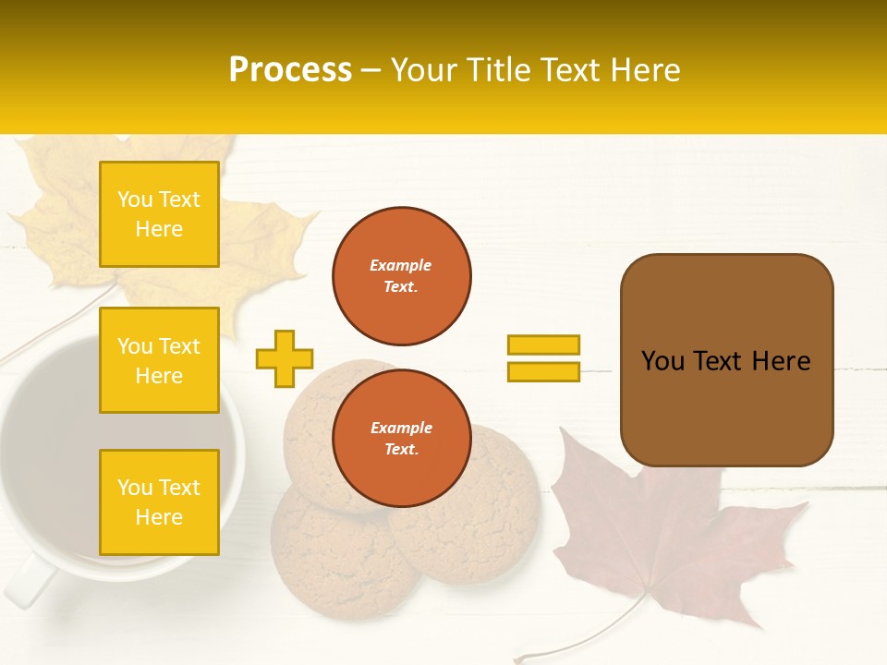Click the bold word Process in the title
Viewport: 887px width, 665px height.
pos(290,70)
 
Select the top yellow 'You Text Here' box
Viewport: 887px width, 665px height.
pos(159,214)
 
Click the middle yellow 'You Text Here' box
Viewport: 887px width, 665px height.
pos(159,360)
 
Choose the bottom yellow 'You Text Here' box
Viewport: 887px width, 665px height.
pos(159,502)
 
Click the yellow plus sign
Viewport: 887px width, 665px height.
pos(285,358)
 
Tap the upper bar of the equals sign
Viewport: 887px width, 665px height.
pos(543,345)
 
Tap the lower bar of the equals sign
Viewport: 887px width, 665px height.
pos(543,371)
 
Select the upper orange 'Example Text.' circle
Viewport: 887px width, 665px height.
pos(401,276)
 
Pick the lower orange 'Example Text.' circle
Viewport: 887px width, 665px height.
pos(401,439)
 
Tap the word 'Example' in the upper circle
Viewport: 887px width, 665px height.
pos(401,266)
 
